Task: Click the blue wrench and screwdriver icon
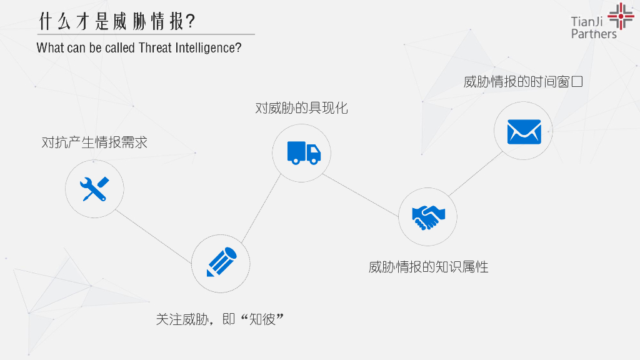point(94,188)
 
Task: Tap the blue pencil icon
point(221,262)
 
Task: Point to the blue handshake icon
point(428,216)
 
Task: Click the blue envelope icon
point(523,131)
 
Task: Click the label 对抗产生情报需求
point(94,142)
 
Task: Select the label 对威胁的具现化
point(301,108)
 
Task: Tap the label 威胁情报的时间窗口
point(523,82)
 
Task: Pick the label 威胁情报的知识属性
point(428,267)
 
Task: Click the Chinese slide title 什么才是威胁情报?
point(116,21)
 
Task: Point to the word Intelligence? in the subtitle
point(210,48)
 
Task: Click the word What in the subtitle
point(49,48)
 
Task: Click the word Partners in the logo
point(593,34)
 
